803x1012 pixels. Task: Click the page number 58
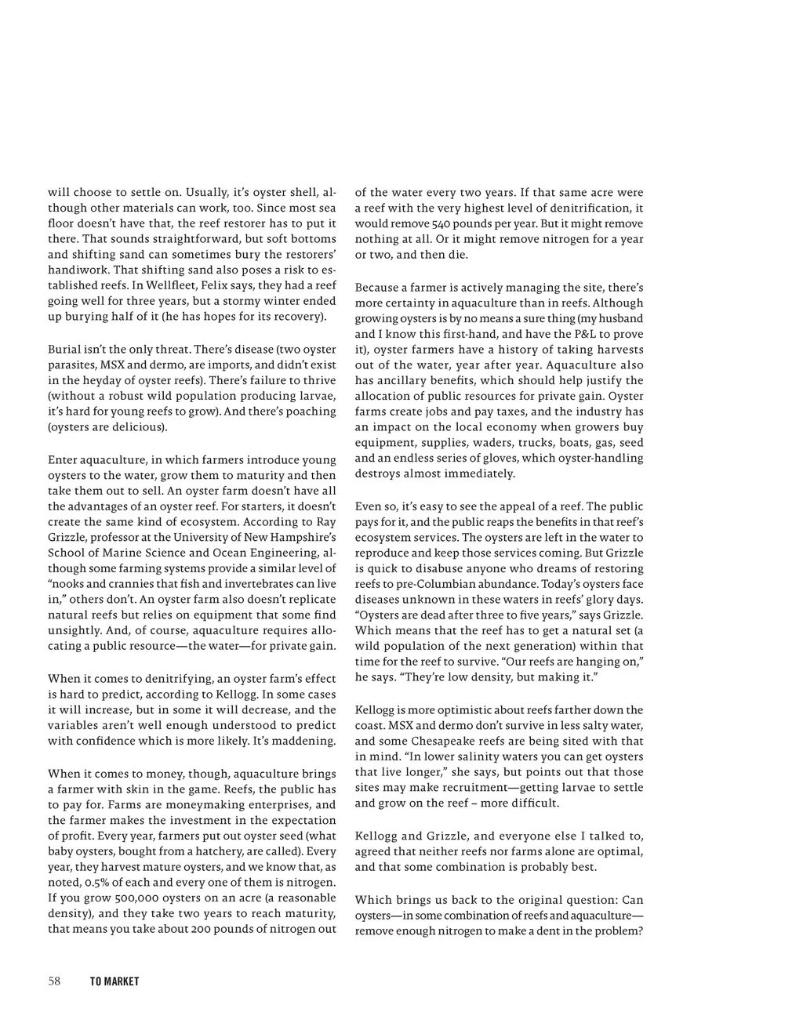click(x=54, y=981)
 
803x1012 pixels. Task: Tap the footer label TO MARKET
click(x=114, y=981)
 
